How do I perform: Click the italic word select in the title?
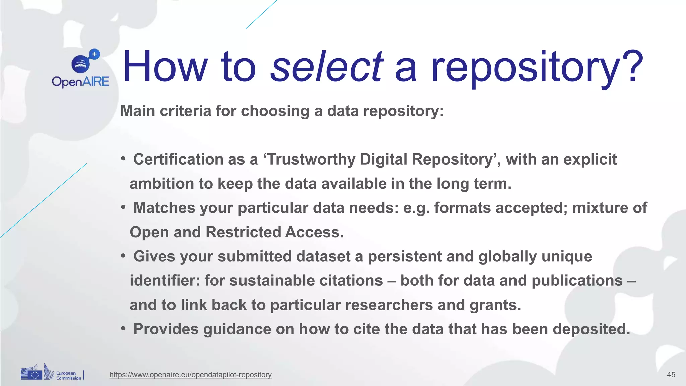pos(327,66)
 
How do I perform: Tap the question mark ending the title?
pos(631,66)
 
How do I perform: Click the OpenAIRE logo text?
pos(80,82)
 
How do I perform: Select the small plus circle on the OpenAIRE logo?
pos(95,54)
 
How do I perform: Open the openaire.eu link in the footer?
pos(190,375)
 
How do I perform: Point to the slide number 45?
pos(671,375)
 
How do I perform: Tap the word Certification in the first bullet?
pos(178,159)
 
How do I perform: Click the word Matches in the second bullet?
pos(164,208)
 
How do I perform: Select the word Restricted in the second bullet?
pos(243,232)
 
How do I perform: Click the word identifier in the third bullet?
pos(164,280)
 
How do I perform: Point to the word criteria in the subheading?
pos(185,111)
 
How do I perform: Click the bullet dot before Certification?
pos(123,158)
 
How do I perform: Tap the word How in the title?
pos(165,66)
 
